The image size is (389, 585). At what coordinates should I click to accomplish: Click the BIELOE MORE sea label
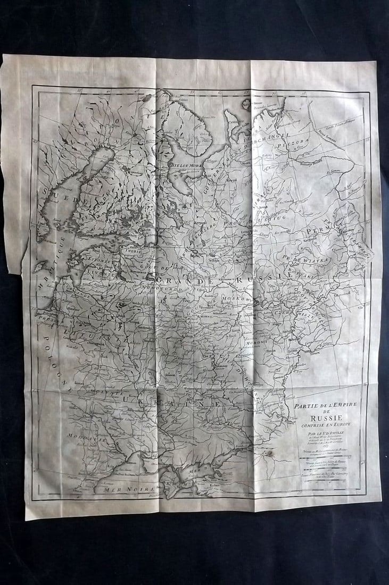[x=186, y=164]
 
